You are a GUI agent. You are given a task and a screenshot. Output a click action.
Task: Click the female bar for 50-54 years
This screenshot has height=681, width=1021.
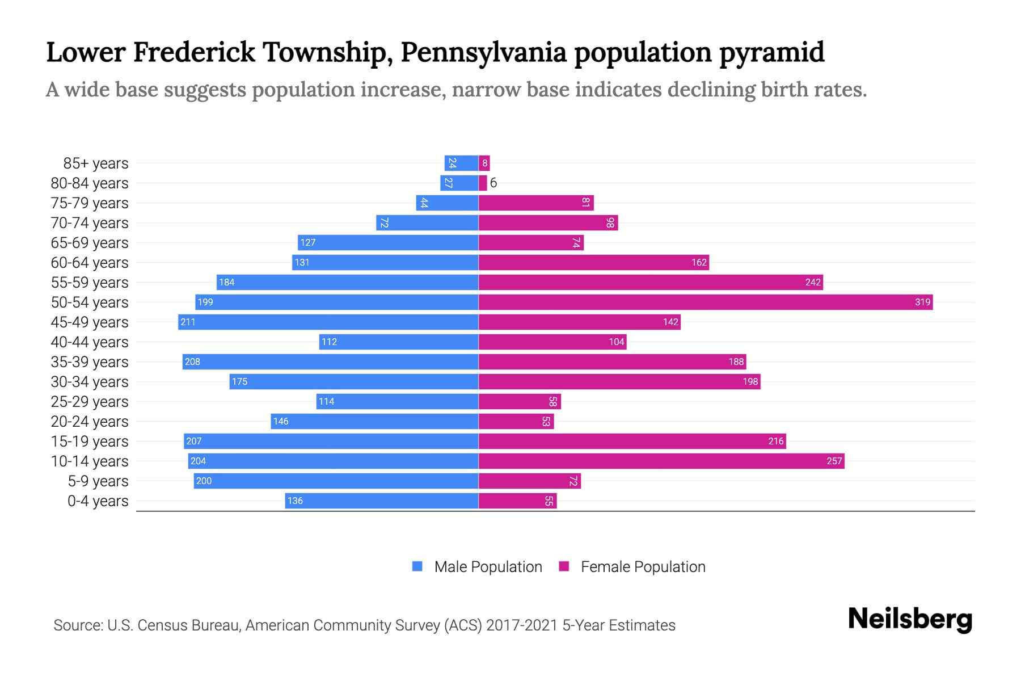coord(705,302)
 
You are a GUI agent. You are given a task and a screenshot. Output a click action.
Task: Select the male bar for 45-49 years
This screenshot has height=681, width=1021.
coord(328,322)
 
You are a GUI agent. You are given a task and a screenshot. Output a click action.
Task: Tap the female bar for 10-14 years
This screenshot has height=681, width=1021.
coord(661,461)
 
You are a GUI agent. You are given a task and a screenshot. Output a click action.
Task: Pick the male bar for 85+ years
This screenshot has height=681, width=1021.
coord(461,163)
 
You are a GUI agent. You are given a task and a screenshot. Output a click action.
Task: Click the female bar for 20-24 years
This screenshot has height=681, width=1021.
coord(516,421)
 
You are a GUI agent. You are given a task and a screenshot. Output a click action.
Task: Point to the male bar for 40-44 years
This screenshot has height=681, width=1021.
coord(399,342)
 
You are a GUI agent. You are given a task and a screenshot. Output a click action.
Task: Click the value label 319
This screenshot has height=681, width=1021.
coord(922,302)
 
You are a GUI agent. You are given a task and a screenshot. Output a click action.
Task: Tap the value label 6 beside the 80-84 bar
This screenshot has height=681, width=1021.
coord(493,183)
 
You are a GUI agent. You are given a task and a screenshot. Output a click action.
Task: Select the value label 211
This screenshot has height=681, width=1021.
coord(188,322)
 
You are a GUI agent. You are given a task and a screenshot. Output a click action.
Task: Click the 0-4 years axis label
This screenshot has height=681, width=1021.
coord(98,501)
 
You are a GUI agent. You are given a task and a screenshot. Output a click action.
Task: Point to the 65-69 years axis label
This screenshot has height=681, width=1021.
coord(90,243)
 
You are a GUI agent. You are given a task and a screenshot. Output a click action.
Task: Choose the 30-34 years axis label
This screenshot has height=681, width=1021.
coord(90,382)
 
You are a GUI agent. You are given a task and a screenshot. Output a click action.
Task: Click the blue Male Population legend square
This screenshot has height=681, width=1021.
coord(417,566)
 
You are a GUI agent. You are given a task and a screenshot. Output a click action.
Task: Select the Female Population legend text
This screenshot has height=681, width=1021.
coord(643,567)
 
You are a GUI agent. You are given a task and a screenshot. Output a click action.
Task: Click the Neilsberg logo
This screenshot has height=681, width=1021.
coord(910,619)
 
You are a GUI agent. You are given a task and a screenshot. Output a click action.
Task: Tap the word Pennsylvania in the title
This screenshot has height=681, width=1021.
coord(483,52)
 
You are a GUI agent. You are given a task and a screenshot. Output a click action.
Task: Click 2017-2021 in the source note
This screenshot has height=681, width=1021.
coord(521,625)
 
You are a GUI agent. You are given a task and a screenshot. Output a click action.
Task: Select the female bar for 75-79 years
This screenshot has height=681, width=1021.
coord(535,203)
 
